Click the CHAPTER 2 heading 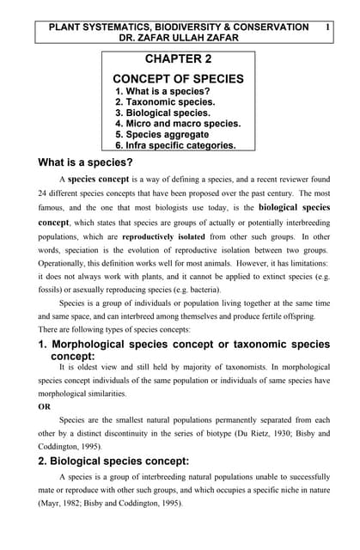click(x=179, y=59)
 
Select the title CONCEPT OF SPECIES click(x=179, y=79)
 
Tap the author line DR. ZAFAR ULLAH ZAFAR click(x=179, y=39)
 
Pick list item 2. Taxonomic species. click(x=164, y=101)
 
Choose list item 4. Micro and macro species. click(x=178, y=123)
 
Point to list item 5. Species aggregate click(x=162, y=134)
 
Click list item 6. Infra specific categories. click(x=175, y=145)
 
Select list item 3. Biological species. click(x=162, y=113)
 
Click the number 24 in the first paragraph click(x=44, y=193)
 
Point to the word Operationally click(x=67, y=265)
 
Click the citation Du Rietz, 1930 click(x=245, y=434)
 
